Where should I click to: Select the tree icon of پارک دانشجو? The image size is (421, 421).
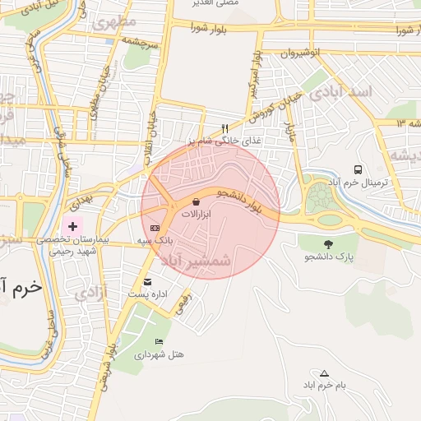click(329, 243)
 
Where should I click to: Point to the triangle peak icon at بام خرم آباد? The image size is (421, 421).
click(324, 372)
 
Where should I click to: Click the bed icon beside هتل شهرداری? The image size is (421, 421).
click(159, 341)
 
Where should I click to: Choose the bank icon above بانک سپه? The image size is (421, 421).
click(155, 227)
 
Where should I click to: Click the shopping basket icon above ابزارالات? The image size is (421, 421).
click(196, 201)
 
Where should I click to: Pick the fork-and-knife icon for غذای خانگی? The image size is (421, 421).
click(224, 128)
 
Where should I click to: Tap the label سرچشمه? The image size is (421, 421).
click(140, 39)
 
